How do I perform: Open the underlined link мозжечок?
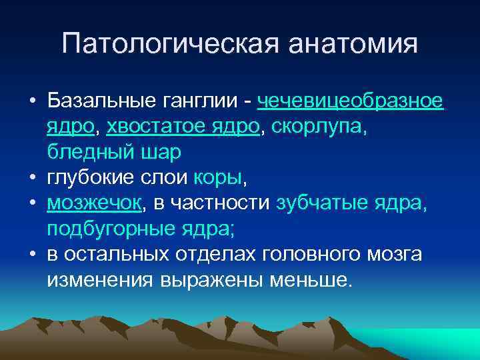pos(93,203)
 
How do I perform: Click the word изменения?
pos(101,279)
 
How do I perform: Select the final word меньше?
pos(309,279)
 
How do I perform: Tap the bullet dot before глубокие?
pos(32,179)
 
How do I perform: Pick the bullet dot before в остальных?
pos(32,255)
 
